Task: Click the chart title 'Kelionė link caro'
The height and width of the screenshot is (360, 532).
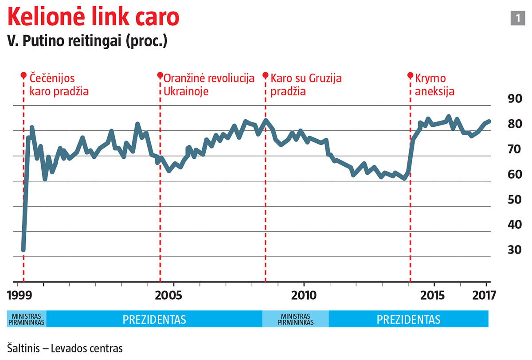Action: pos(94,17)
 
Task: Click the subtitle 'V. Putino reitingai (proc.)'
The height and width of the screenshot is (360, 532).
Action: pos(87,41)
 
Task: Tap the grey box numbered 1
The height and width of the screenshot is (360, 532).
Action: pos(517,18)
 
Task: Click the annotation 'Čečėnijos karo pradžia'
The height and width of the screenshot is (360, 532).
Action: pos(59,85)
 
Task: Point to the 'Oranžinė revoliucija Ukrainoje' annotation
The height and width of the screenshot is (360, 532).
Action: pos(209,85)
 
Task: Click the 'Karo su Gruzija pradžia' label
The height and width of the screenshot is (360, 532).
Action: pos(306,85)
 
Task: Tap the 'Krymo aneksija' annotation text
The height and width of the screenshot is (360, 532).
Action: pos(435,85)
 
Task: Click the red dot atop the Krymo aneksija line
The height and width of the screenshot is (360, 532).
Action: pos(410,75)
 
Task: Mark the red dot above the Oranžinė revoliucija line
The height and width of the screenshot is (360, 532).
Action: pos(160,75)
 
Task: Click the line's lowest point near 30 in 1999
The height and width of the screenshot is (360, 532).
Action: pos(23,250)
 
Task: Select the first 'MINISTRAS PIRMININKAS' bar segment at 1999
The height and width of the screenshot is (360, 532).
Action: pos(26,319)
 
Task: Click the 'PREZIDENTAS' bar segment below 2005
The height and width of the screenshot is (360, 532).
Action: pos(154,319)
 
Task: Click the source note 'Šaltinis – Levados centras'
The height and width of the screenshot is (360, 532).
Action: pos(65,348)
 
